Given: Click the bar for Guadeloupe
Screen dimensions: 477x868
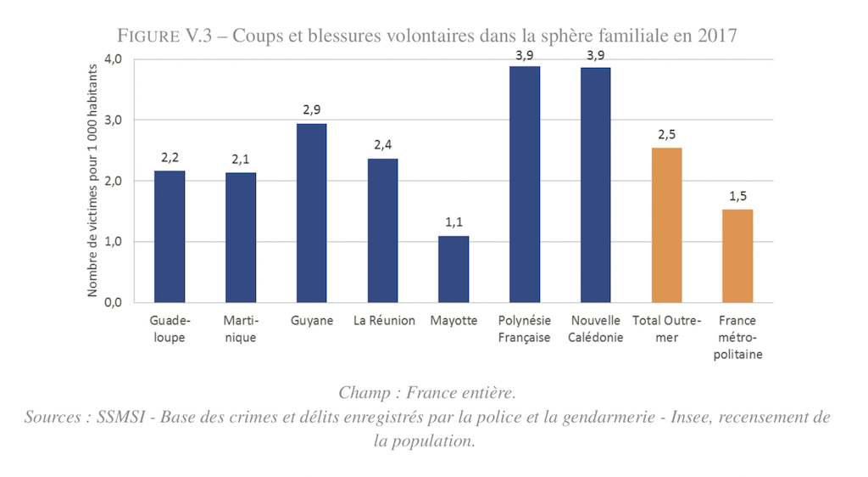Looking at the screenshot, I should point(170,237).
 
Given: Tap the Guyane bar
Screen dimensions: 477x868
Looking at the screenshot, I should point(312,213).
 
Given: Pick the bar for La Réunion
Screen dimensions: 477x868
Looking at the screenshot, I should point(383,230).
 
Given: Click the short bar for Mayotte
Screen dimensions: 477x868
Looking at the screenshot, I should point(453,269).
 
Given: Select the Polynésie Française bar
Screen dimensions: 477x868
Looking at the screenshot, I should point(525,184).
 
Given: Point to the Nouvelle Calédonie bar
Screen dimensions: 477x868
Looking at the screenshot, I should point(596,185).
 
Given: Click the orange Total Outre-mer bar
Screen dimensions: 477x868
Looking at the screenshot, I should point(667,225).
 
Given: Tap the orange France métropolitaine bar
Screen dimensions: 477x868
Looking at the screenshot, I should point(737,255).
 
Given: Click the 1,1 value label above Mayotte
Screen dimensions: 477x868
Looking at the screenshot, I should point(453,223).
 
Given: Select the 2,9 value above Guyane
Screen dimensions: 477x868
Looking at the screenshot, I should point(312,110).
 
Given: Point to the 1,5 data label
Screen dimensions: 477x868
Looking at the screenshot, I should point(737,196).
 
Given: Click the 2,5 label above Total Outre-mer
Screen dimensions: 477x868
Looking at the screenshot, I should point(667,135).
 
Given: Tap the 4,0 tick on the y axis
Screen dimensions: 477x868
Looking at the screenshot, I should point(114,59).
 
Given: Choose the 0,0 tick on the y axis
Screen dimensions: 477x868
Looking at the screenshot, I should point(114,302).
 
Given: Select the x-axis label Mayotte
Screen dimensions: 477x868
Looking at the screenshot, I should point(453,321).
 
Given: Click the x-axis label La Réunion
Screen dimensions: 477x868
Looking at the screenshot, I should point(383,321).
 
